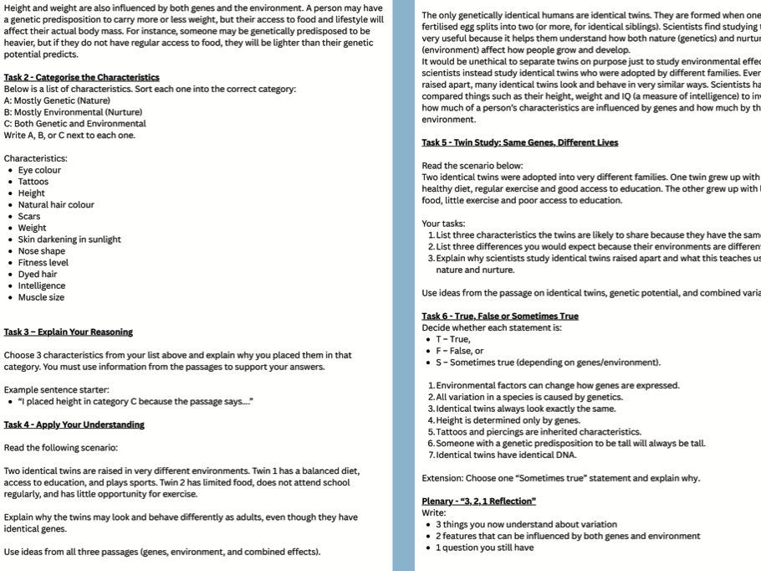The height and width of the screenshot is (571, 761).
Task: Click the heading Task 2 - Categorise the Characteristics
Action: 70,77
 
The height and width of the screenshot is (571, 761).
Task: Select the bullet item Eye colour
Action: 39,170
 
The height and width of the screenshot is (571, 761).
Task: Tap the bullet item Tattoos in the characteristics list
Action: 33,182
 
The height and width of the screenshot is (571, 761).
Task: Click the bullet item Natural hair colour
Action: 56,205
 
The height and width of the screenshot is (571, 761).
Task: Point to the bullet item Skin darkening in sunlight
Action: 69,239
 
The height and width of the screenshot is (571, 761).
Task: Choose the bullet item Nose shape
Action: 41,251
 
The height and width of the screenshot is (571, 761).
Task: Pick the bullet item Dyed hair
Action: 38,274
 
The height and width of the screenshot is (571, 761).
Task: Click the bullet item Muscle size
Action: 41,297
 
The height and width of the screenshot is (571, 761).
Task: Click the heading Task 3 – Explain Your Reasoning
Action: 68,332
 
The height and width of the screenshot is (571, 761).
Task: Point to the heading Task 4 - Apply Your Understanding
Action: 74,424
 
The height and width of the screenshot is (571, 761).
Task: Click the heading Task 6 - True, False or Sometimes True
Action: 499,316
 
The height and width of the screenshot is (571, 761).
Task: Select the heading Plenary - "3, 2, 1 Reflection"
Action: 478,502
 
